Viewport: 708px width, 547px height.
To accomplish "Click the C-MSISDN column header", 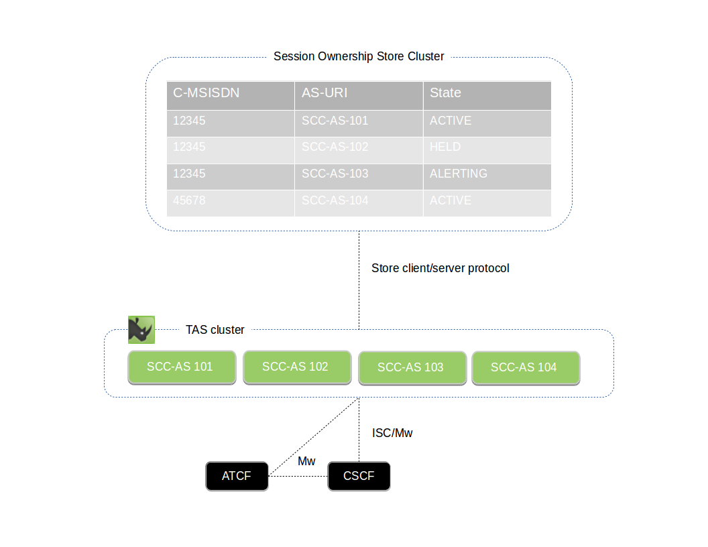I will pyautogui.click(x=206, y=93).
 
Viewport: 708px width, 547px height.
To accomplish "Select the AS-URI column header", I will pyautogui.click(x=324, y=93).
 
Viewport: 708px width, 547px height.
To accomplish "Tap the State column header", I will pyautogui.click(x=445, y=93).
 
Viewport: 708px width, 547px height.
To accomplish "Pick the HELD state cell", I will pyautogui.click(x=445, y=147).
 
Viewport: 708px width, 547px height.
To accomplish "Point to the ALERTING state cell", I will pyautogui.click(x=459, y=174).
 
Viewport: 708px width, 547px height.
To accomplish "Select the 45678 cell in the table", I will pyautogui.click(x=189, y=200).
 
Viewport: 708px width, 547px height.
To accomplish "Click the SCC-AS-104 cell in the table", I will pyautogui.click(x=335, y=200).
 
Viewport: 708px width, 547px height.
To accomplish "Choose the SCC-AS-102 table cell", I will pyautogui.click(x=335, y=147).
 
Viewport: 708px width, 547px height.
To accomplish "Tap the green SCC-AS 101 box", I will pyautogui.click(x=182, y=367).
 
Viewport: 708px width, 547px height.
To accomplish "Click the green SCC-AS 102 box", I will pyautogui.click(x=296, y=367).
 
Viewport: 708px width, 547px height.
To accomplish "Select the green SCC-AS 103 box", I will pyautogui.click(x=412, y=368).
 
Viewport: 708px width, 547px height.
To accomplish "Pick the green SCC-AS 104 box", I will pyautogui.click(x=525, y=368).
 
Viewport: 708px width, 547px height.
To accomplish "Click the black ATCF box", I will pyautogui.click(x=237, y=477).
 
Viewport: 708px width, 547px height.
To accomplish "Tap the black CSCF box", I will pyautogui.click(x=359, y=477).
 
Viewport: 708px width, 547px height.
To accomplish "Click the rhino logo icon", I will pyautogui.click(x=141, y=330).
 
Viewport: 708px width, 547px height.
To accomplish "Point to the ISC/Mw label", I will pyautogui.click(x=392, y=433).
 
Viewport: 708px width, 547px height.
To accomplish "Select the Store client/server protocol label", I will pyautogui.click(x=440, y=268).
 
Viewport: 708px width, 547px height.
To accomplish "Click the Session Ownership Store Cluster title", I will pyautogui.click(x=359, y=56).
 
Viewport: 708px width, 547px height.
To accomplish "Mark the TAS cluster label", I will pyautogui.click(x=215, y=330).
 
